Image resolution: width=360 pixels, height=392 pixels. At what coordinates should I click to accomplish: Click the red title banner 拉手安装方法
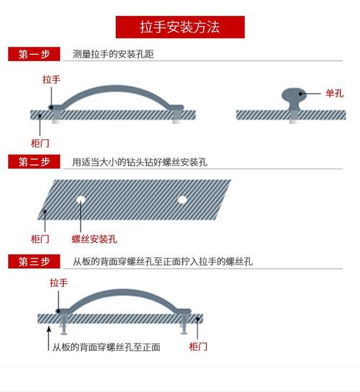180,27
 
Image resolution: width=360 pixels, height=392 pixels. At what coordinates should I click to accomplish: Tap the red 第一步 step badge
35,54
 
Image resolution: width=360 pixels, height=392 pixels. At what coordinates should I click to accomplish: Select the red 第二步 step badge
35,162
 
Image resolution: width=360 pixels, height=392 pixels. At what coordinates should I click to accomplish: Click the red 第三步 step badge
35,261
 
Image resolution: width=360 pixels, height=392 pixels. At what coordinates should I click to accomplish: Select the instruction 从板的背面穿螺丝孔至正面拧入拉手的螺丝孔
162,261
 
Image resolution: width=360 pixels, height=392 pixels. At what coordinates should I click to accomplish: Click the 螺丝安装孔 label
94,239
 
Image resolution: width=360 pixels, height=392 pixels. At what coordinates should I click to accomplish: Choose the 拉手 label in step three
58,283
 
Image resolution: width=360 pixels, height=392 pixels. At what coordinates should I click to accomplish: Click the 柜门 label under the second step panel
40,239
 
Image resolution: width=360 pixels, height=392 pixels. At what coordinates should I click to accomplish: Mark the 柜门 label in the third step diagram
198,347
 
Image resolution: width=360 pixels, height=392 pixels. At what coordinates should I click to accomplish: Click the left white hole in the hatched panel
81,197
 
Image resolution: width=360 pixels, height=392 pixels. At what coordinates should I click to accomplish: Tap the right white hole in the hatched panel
182,197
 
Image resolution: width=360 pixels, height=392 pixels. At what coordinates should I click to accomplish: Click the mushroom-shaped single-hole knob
292,97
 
